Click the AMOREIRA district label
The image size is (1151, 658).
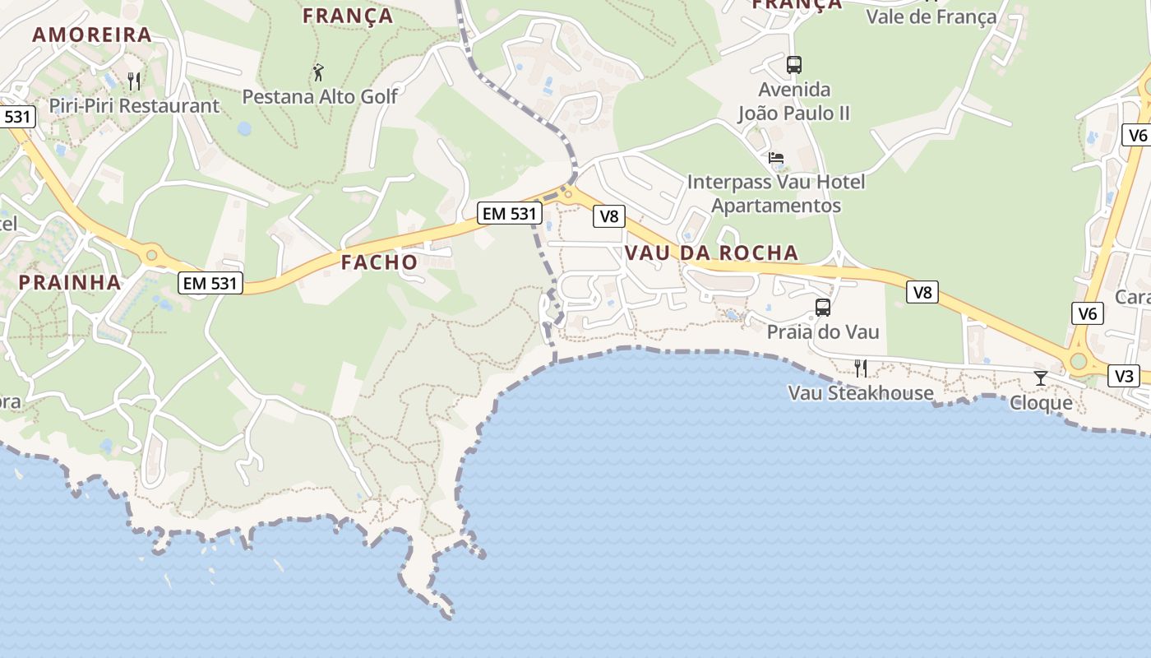pyautogui.click(x=92, y=35)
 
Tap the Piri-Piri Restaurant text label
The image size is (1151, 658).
pyautogui.click(x=134, y=106)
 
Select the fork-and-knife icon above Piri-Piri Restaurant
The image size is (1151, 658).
pyautogui.click(x=134, y=81)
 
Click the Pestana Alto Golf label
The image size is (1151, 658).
pyautogui.click(x=320, y=97)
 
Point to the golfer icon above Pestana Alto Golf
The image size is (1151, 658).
pyautogui.click(x=319, y=72)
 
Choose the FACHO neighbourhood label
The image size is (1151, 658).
pyautogui.click(x=379, y=262)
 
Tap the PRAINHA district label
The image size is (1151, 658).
pyautogui.click(x=70, y=282)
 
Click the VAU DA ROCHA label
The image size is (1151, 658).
pyautogui.click(x=712, y=253)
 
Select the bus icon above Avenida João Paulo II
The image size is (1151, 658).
pyautogui.click(x=793, y=64)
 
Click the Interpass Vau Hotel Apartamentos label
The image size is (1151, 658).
pyautogui.click(x=776, y=193)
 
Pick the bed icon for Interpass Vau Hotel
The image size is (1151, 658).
pyautogui.click(x=776, y=157)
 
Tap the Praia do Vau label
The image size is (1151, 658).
pyautogui.click(x=823, y=332)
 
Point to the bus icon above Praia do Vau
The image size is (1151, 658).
pyautogui.click(x=823, y=308)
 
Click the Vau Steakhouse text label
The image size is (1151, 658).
pyautogui.click(x=861, y=393)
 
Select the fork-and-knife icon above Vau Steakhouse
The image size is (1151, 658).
pyautogui.click(x=861, y=368)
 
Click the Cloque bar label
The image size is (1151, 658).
pyautogui.click(x=1041, y=403)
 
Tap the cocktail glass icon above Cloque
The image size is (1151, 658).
pyautogui.click(x=1041, y=378)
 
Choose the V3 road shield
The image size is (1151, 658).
pyautogui.click(x=1124, y=377)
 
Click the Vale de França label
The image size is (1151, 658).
pyautogui.click(x=931, y=16)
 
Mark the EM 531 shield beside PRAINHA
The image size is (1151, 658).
pyautogui.click(x=210, y=284)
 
